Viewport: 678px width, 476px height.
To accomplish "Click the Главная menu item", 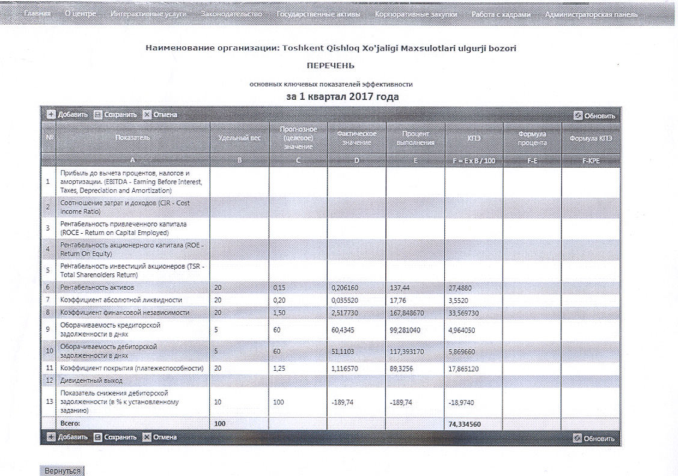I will (37, 14).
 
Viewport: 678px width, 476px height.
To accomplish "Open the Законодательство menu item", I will (231, 14).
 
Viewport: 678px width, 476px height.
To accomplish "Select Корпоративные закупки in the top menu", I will (415, 14).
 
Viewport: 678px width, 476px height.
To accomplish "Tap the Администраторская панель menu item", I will (591, 14).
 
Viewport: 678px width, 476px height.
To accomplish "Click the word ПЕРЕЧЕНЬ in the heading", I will (331, 65).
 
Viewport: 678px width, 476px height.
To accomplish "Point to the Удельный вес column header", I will (239, 138).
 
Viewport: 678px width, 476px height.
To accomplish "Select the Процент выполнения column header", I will (415, 138).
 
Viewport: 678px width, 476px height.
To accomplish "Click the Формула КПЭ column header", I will (591, 138).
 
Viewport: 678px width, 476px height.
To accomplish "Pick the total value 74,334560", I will (465, 424).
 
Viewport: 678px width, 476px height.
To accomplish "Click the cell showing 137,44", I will (403, 288).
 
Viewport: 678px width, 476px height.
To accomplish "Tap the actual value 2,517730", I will (349, 313).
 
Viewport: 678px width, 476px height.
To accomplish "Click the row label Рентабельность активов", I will (97, 288).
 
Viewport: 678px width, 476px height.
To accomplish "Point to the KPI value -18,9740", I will (463, 402).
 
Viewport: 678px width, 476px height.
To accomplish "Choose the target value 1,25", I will (279, 368).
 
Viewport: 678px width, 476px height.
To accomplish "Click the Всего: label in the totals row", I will (71, 424).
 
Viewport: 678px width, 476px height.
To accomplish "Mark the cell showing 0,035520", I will (349, 300).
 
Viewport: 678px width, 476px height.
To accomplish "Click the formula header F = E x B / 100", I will (474, 162).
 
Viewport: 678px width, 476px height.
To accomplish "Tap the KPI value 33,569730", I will (467, 313).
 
